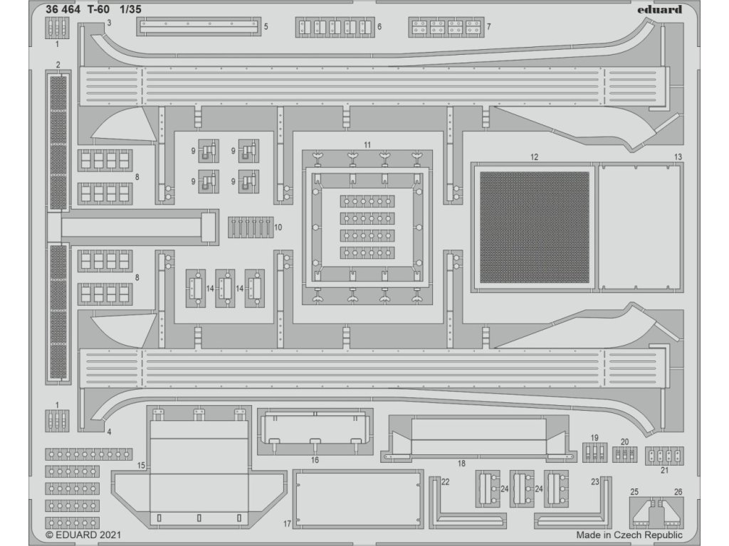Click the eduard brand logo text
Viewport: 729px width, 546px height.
click(x=655, y=10)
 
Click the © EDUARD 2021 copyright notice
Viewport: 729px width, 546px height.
click(x=84, y=535)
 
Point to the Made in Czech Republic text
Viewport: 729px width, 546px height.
click(x=629, y=535)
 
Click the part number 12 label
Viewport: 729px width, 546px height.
click(x=534, y=156)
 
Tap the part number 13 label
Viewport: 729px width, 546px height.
click(x=678, y=156)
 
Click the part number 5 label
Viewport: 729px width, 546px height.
click(x=266, y=26)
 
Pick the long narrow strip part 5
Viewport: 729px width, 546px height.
click(x=196, y=26)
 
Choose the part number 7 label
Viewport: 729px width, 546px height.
click(x=488, y=26)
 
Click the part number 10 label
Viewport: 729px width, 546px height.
click(x=278, y=227)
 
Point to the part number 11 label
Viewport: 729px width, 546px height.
click(x=367, y=144)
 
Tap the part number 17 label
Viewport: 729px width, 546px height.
click(x=287, y=524)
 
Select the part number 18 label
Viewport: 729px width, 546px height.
click(x=461, y=463)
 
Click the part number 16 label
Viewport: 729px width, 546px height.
click(x=315, y=460)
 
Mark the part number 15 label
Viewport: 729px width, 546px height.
click(x=141, y=465)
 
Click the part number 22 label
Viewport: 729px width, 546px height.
click(x=446, y=482)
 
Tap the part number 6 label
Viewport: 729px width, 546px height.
click(x=379, y=26)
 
